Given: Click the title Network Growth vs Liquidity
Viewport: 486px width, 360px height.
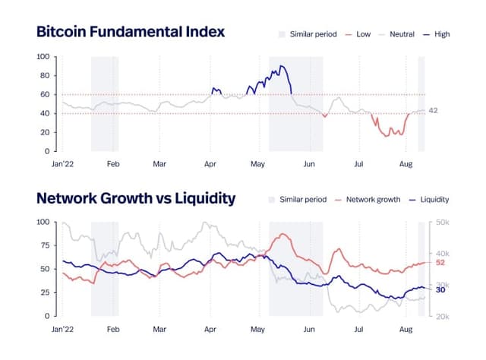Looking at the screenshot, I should click(136, 198).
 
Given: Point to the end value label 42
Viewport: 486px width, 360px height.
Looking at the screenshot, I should click(434, 111).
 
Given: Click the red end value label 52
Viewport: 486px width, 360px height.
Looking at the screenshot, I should click(440, 263).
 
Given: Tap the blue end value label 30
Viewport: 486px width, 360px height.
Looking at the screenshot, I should click(440, 289).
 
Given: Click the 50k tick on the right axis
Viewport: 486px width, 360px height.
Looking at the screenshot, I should click(442, 223).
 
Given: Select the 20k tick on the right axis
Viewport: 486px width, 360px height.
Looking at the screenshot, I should click(442, 316).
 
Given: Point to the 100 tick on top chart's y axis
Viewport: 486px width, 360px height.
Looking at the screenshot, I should click(43, 57).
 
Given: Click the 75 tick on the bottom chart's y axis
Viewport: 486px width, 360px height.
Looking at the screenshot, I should click(44, 246).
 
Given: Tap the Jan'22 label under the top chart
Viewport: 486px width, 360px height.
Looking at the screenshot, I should click(62, 163).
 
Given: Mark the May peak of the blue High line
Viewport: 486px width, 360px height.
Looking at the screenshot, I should click(282, 66).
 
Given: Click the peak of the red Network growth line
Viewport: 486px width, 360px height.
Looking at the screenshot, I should click(285, 234).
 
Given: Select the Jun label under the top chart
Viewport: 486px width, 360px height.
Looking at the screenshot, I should click(308, 163).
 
